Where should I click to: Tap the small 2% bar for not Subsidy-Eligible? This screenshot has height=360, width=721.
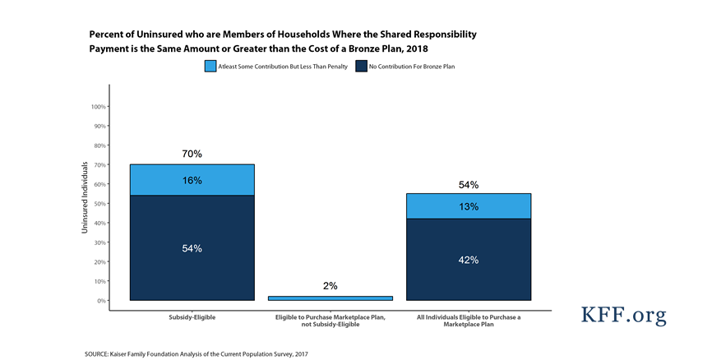point(330,298)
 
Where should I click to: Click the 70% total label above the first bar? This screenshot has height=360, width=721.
point(192,154)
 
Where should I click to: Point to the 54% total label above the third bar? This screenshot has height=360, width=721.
point(469,185)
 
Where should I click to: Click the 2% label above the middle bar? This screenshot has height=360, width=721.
point(330,286)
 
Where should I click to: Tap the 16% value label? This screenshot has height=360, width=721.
point(192,180)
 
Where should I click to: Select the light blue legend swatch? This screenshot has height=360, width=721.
point(210,66)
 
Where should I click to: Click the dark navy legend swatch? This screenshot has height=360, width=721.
point(363,66)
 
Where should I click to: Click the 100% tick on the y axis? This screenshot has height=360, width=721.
point(95,107)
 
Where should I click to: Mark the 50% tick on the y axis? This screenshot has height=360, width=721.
point(97,204)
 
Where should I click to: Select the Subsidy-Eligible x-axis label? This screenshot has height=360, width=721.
point(192,316)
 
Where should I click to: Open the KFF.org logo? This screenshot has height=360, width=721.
point(624,316)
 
